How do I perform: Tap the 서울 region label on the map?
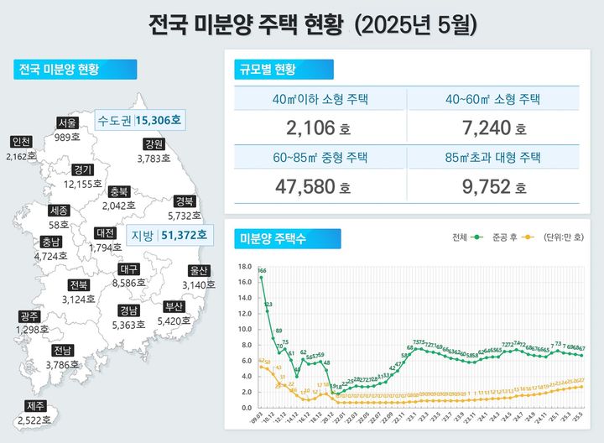click(68, 123)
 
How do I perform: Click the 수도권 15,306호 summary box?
click(139, 120)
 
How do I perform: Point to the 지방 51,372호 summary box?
click(168, 237)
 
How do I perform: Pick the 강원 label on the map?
click(154, 143)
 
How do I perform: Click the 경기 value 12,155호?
click(82, 183)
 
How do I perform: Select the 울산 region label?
click(200, 271)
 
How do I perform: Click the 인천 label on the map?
click(21, 142)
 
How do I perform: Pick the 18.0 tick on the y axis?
click(245, 267)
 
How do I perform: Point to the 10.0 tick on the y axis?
click(245, 329)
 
